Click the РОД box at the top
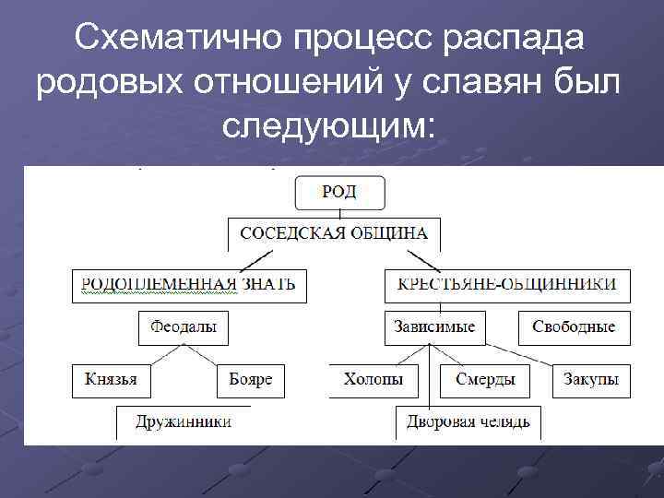point(339,193)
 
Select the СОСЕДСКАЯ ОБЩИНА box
point(334,233)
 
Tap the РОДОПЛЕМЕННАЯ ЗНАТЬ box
point(189,284)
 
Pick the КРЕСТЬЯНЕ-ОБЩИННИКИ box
point(507,284)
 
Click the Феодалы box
point(184,327)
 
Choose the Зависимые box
point(434,327)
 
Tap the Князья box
point(111,379)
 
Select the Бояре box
point(251,379)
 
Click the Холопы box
point(373,379)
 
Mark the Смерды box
point(485,379)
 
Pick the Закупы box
point(592,379)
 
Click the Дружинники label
point(184,422)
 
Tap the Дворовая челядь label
point(468,422)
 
